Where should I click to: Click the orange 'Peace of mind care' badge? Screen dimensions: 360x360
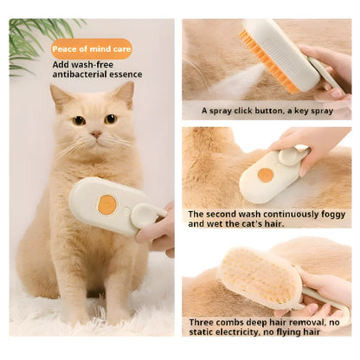pos(91,48)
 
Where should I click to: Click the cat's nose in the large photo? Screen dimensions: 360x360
pos(96,134)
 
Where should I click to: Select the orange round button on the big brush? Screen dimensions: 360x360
pos(106,205)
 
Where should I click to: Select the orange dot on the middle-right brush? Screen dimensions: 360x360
pos(265,174)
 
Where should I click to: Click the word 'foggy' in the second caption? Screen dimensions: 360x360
pos(331,214)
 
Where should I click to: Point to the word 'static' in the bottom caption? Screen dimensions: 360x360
pos(205,332)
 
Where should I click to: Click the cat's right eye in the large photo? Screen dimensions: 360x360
pos(110,118)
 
